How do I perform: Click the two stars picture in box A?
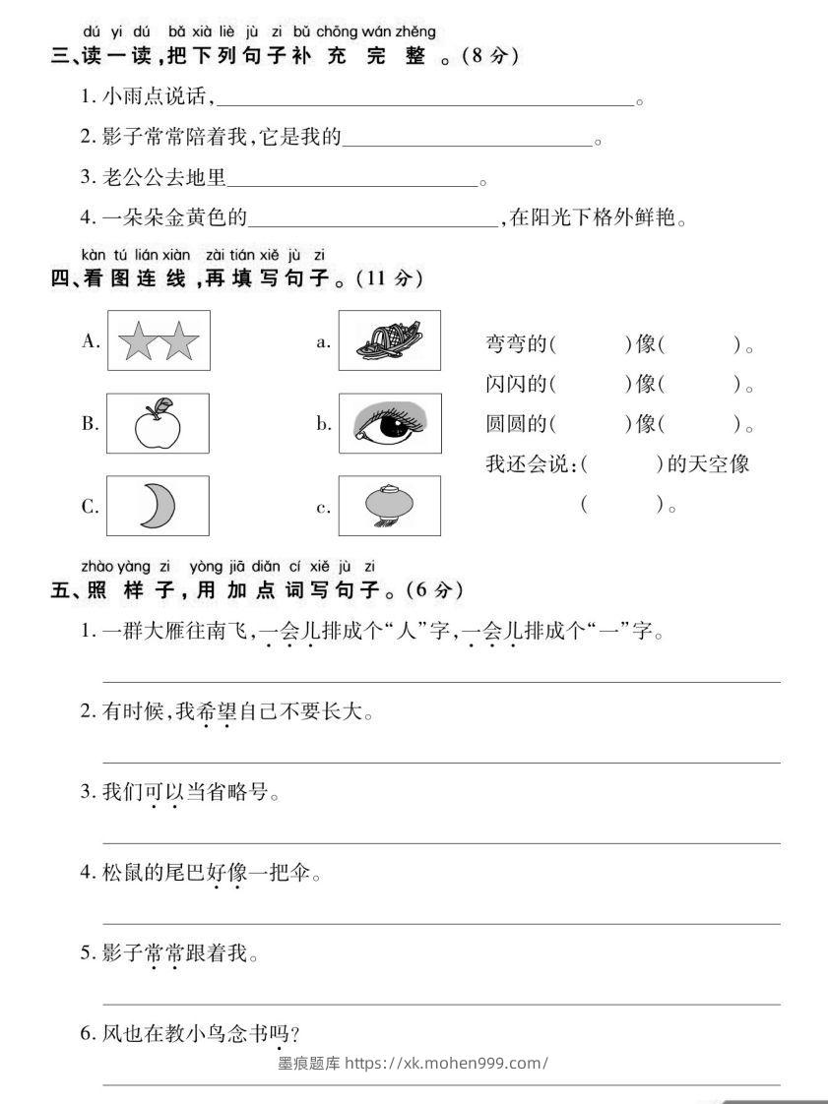159,341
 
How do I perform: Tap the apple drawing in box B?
159,424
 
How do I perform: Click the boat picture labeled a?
389,340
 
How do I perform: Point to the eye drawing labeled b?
389,424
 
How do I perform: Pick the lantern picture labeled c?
389,506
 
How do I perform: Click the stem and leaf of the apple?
162,405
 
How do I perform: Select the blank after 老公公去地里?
351,182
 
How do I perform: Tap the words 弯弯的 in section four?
515,344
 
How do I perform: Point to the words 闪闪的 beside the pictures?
515,385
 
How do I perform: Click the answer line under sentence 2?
442,762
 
